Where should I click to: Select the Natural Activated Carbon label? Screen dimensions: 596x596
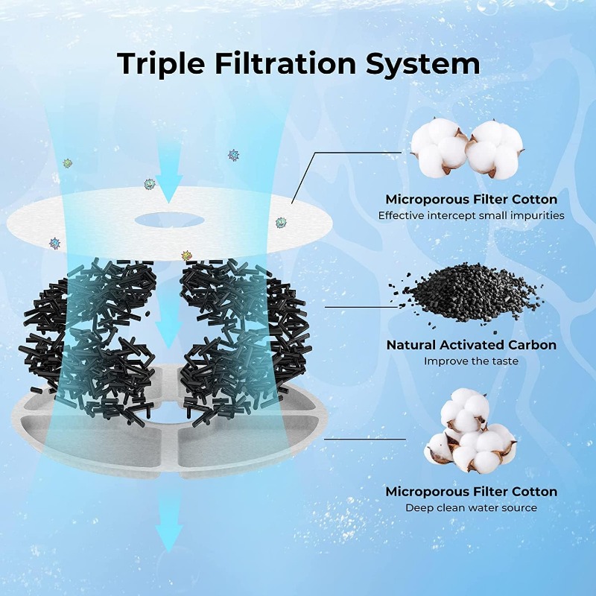click(x=471, y=346)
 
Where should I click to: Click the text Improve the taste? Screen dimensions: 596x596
click(x=471, y=361)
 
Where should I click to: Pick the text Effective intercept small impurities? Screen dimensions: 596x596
click(x=471, y=215)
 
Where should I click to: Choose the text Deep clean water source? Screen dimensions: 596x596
click(x=471, y=508)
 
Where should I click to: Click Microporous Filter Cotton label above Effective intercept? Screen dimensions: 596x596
click(x=471, y=200)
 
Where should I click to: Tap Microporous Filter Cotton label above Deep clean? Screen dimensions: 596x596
click(x=471, y=492)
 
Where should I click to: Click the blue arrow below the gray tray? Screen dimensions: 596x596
click(x=169, y=529)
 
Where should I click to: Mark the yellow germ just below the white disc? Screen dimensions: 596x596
click(x=186, y=256)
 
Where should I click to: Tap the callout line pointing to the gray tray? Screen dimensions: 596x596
click(x=364, y=439)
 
